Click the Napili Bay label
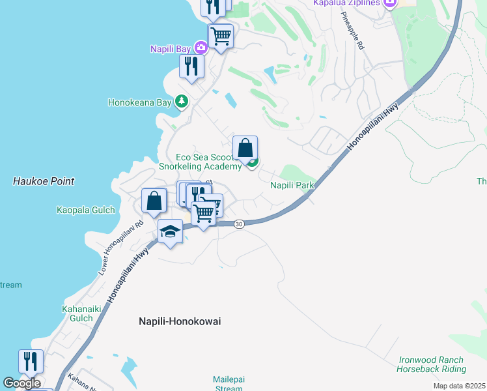pos(171,49)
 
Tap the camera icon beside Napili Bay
pos(201,47)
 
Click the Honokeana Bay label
pos(139,102)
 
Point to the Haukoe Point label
pos(44,181)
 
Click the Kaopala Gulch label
pos(85,210)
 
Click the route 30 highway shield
pos(239,224)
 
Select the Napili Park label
pos(292,186)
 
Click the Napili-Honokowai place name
pos(180,321)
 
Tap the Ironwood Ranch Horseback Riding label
pos(431,364)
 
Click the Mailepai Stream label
pos(228,384)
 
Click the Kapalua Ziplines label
pos(345,3)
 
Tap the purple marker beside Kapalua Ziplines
pos(390,4)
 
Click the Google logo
pos(22,383)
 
